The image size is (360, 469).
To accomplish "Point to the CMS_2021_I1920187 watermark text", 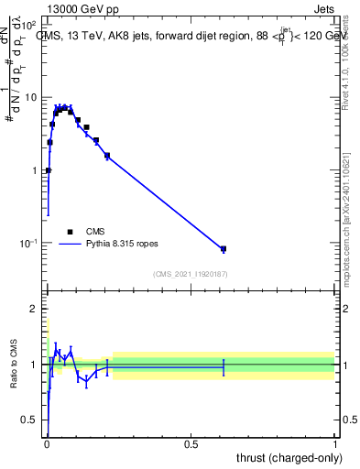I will [x=191, y=272].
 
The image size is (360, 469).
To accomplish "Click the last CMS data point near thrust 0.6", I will [x=224, y=249].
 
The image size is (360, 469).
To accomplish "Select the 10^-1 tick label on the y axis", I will [x=30, y=243].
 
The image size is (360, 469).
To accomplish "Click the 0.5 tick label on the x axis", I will [x=191, y=444].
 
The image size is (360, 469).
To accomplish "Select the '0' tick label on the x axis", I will [x=46, y=444].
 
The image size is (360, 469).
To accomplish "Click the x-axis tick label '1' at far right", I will [x=336, y=444].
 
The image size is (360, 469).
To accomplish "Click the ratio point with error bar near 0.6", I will [x=224, y=366].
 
